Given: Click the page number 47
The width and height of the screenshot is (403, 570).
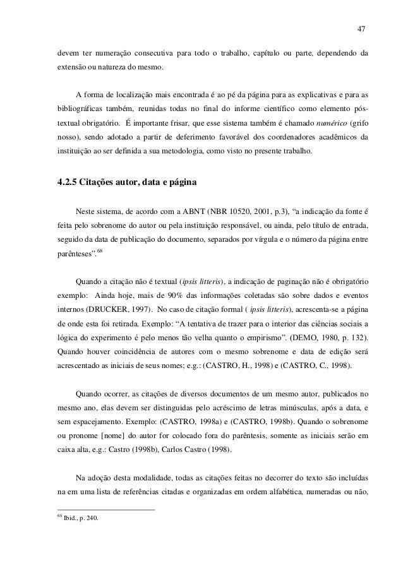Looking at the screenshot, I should pyautogui.click(x=361, y=29).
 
